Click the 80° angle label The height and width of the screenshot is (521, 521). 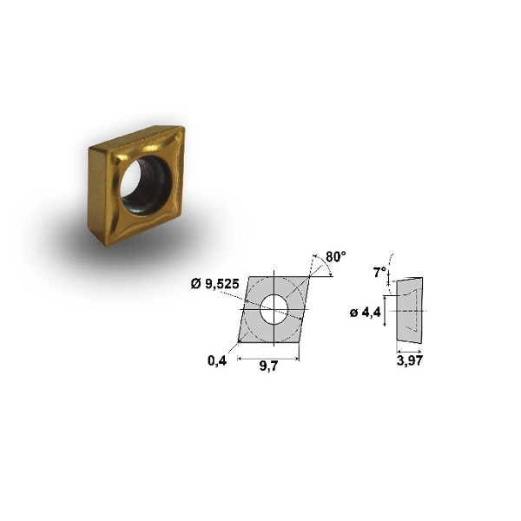(x=335, y=257)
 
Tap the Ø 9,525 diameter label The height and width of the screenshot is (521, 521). (x=213, y=283)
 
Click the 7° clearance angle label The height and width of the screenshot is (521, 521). (x=379, y=272)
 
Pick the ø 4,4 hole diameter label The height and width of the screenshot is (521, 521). (x=366, y=313)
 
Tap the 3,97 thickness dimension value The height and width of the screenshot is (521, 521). (x=407, y=362)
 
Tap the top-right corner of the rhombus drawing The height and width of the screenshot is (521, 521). (x=311, y=276)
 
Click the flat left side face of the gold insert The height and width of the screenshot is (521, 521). (x=95, y=195)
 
